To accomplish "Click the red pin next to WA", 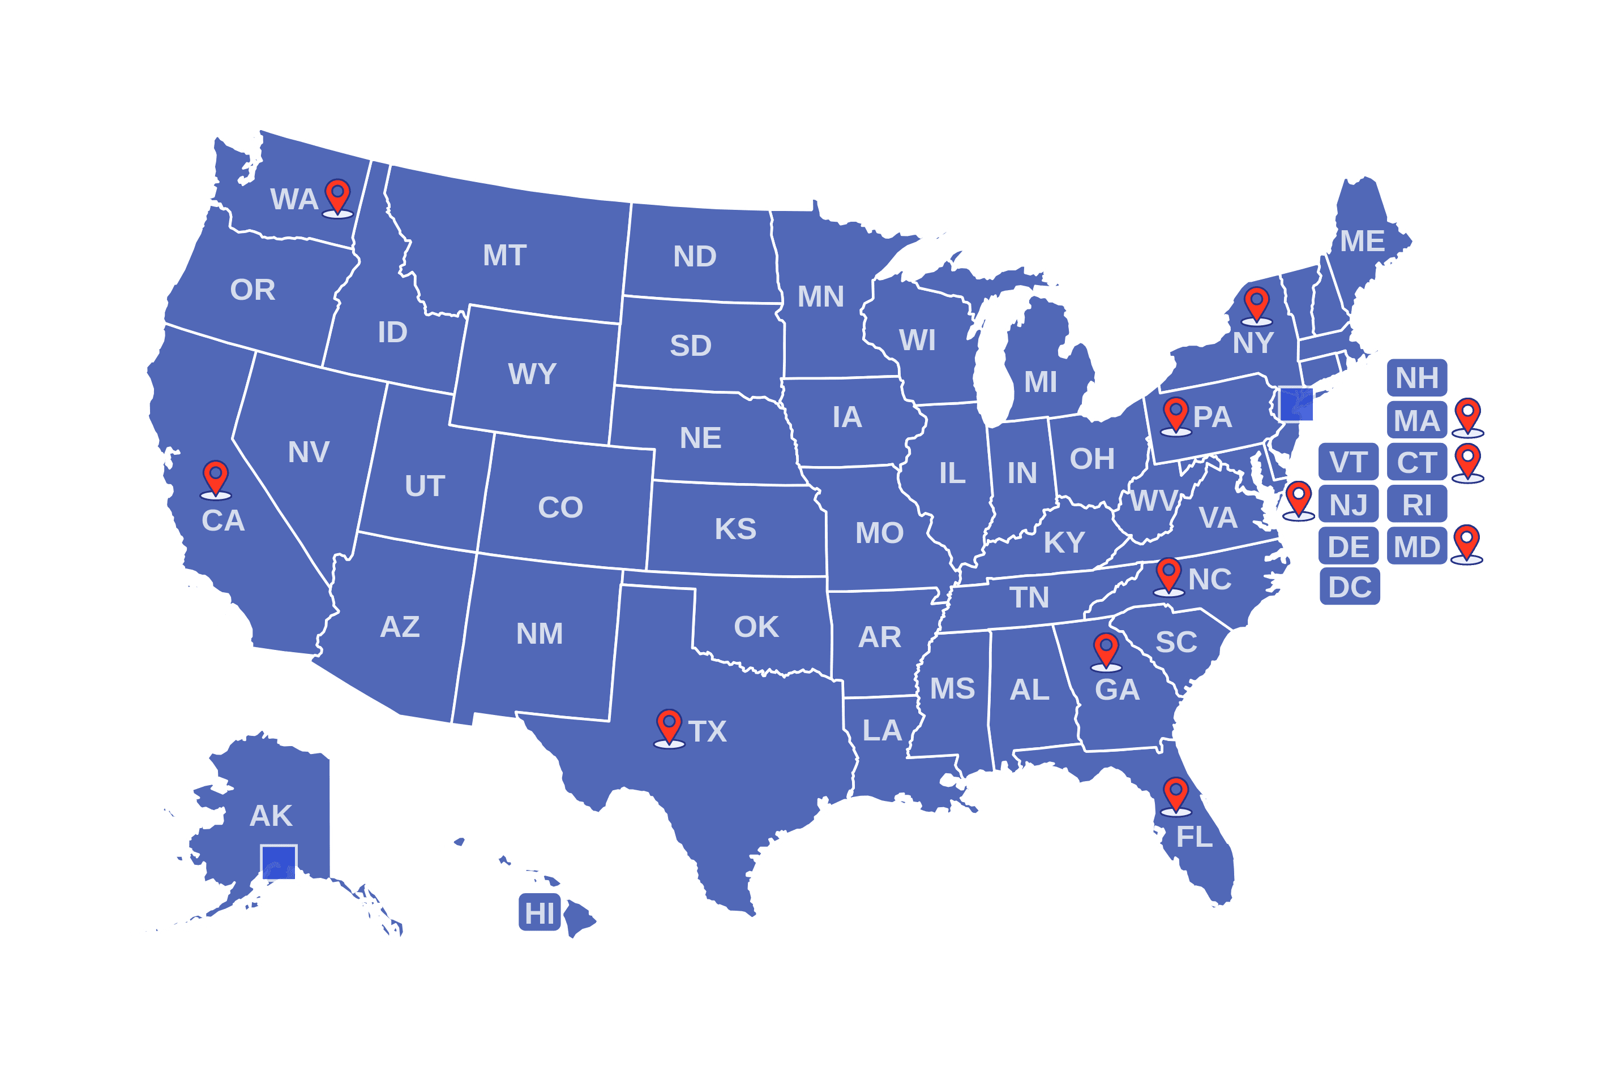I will pyautogui.click(x=337, y=196).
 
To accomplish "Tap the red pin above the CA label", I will pyautogui.click(x=215, y=477).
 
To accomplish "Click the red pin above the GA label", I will pyautogui.click(x=1106, y=650).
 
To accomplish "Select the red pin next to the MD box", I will pyautogui.click(x=1466, y=542).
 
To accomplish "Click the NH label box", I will pyautogui.click(x=1416, y=378).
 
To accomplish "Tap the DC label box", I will pyautogui.click(x=1349, y=587).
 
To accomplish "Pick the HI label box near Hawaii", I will pyautogui.click(x=540, y=913).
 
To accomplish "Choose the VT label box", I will pyautogui.click(x=1349, y=462).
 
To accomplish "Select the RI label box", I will pyautogui.click(x=1416, y=505).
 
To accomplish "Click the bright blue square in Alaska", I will pyautogui.click(x=279, y=863).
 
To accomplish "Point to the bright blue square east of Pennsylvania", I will pyautogui.click(x=1296, y=404).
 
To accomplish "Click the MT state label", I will pyautogui.click(x=504, y=256).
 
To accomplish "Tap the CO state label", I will pyautogui.click(x=560, y=507).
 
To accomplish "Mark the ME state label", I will pyautogui.click(x=1362, y=241).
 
